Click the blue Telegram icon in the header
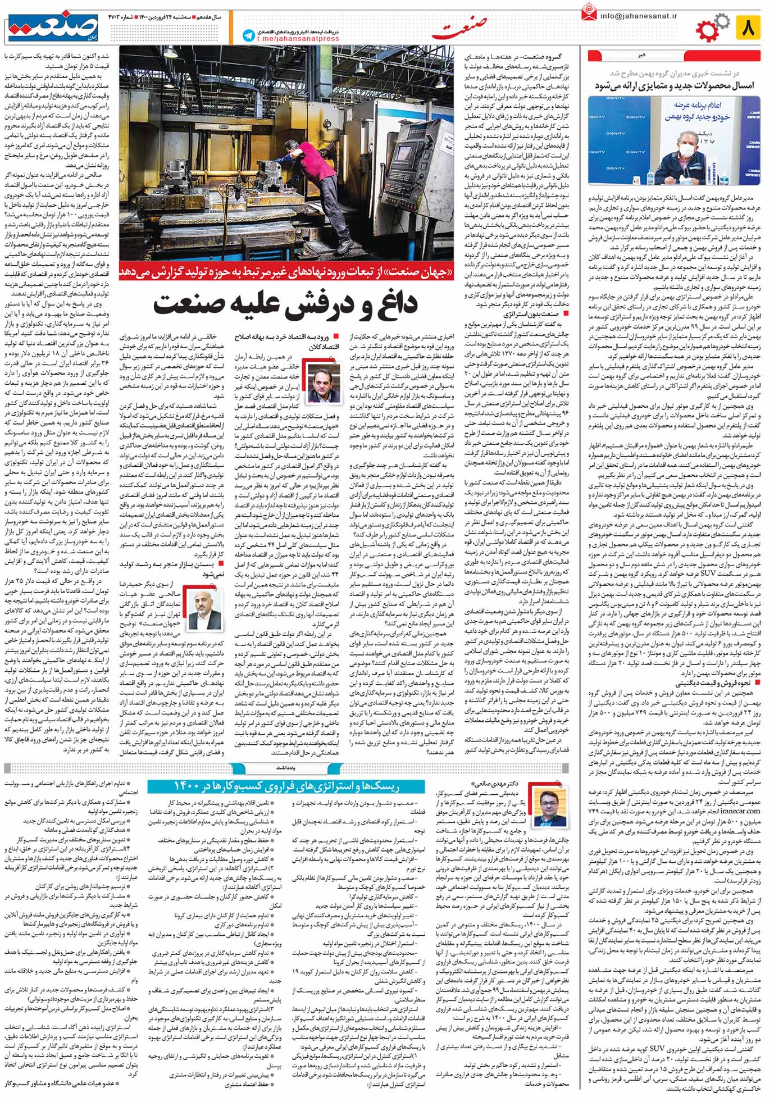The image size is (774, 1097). pos(248,35)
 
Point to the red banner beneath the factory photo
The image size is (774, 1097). pos(286,273)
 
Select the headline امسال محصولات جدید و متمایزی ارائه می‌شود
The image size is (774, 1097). pos(675,85)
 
